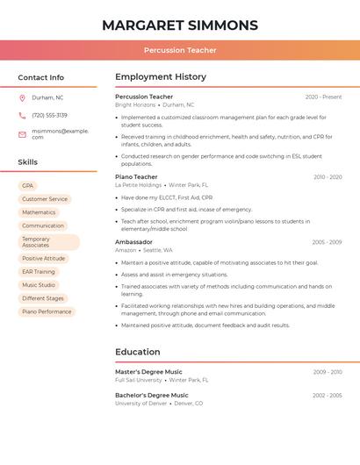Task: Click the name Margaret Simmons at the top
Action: pyautogui.click(x=180, y=25)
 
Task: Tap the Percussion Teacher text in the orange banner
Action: pyautogui.click(x=180, y=50)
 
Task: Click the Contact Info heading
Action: pyautogui.click(x=40, y=77)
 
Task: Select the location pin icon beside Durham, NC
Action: pyautogui.click(x=22, y=97)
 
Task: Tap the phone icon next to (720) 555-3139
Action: pyautogui.click(x=22, y=115)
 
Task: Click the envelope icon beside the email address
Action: pyautogui.click(x=22, y=134)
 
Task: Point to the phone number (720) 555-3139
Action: pyautogui.click(x=49, y=115)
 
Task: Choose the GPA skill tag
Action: pyautogui.click(x=28, y=186)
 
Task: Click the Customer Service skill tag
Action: pyautogui.click(x=45, y=199)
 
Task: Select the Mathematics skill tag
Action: pyautogui.click(x=39, y=212)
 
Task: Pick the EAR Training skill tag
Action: pyautogui.click(x=39, y=272)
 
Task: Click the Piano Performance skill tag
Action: pyautogui.click(x=47, y=311)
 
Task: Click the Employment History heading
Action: pyautogui.click(x=161, y=77)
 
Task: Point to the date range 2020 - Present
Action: pyautogui.click(x=323, y=97)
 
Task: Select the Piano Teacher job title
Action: pyautogui.click(x=136, y=176)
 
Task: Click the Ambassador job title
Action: pyautogui.click(x=133, y=241)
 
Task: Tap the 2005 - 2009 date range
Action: pyautogui.click(x=327, y=242)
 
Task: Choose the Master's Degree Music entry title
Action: pyautogui.click(x=148, y=372)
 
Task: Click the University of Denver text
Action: pyautogui.click(x=140, y=404)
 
